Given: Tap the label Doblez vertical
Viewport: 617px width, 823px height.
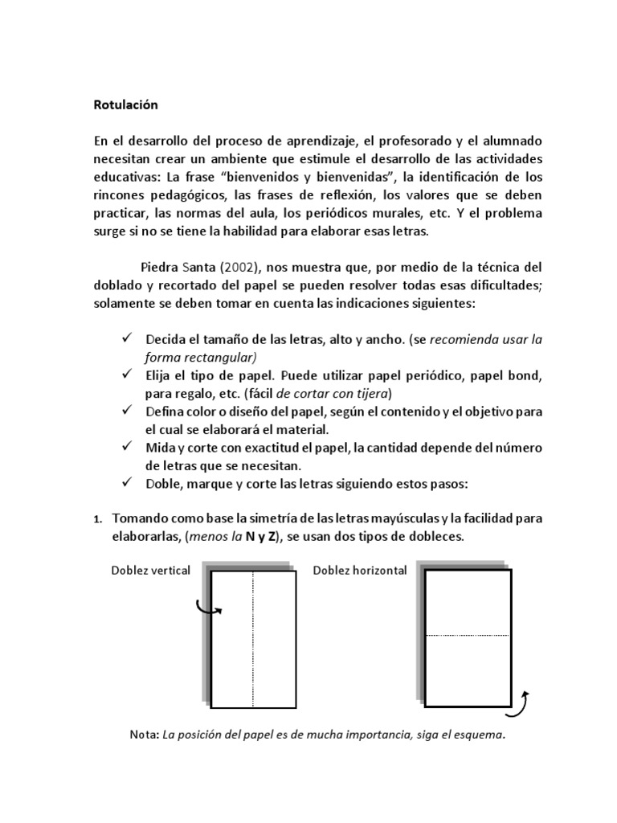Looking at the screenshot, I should (x=151, y=571).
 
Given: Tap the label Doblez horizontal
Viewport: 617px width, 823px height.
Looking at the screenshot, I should (x=360, y=571).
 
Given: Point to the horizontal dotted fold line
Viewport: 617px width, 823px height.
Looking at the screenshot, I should (x=468, y=636).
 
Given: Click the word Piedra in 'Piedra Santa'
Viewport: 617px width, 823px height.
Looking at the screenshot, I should (x=158, y=267).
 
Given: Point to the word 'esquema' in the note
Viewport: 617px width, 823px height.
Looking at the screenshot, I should (x=480, y=735).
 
